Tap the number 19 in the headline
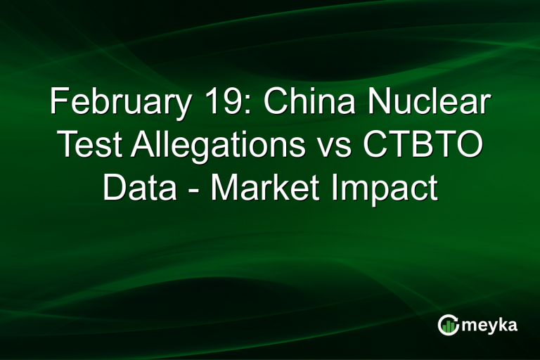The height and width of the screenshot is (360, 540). [225, 103]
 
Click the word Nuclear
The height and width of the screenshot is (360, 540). [434, 103]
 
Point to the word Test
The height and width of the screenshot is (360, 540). [89, 146]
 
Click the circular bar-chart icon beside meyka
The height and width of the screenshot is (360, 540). [448, 324]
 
